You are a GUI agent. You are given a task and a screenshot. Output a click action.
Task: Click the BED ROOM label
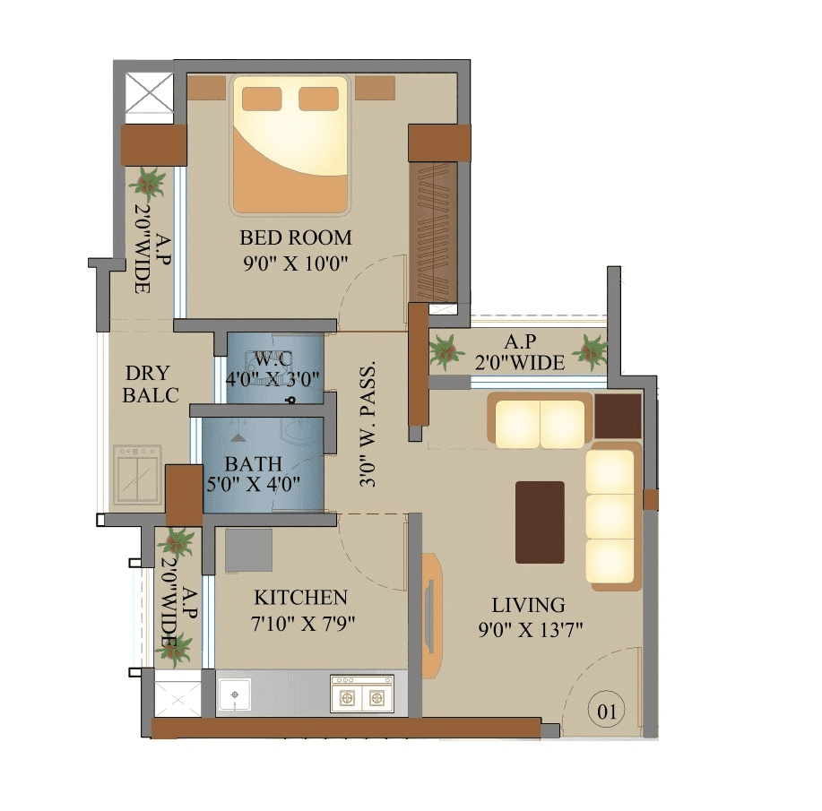click(x=295, y=238)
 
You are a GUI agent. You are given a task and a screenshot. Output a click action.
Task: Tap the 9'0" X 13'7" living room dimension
click(x=531, y=630)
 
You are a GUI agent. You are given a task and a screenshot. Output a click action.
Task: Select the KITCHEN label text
click(x=300, y=598)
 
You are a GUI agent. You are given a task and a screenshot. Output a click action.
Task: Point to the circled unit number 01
click(x=607, y=712)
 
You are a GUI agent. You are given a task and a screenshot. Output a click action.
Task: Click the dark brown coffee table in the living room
click(x=540, y=522)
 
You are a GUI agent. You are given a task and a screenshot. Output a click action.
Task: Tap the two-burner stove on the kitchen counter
click(x=362, y=694)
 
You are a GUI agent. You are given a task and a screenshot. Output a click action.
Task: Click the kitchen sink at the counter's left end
click(x=235, y=695)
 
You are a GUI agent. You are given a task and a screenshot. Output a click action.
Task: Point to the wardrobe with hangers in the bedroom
click(x=433, y=231)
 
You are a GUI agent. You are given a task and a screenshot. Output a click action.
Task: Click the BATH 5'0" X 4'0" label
click(x=255, y=474)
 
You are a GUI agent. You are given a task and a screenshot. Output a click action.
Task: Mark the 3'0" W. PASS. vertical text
click(x=368, y=426)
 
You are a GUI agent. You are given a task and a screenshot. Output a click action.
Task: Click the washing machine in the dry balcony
click(x=135, y=475)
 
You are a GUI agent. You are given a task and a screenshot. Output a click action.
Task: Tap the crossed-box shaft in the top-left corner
click(x=148, y=94)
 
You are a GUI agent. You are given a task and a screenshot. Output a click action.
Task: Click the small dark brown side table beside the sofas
click(x=618, y=416)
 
